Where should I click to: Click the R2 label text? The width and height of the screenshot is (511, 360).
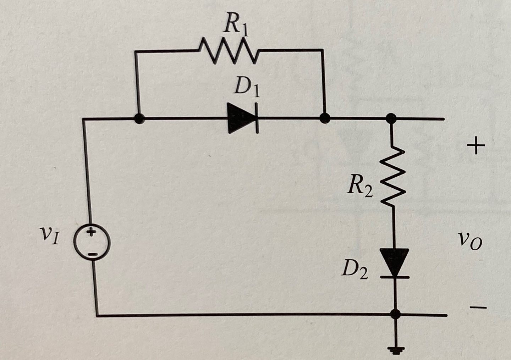[360, 187]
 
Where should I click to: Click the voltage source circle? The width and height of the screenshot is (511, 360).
[92, 243]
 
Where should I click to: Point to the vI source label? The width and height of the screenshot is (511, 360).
[49, 236]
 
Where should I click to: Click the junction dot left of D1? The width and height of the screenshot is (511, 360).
[139, 119]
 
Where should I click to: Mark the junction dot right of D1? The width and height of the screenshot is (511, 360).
[324, 118]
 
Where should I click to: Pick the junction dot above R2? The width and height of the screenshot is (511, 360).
[391, 118]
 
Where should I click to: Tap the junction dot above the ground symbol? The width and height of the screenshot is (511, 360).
[395, 314]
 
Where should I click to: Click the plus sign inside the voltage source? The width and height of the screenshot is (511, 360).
[91, 233]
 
